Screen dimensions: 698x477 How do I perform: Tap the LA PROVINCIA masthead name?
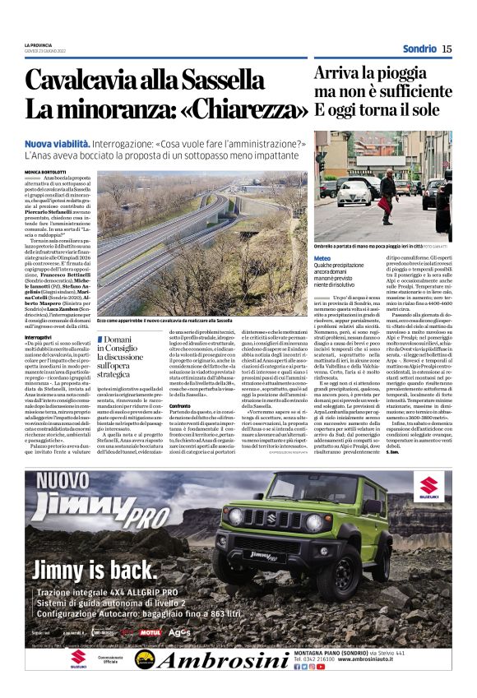pyautogui.click(x=38, y=44)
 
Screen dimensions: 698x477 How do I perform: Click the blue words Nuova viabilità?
pyautogui.click(x=57, y=143)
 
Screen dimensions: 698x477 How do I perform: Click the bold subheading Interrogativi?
pyautogui.click(x=38, y=337)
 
